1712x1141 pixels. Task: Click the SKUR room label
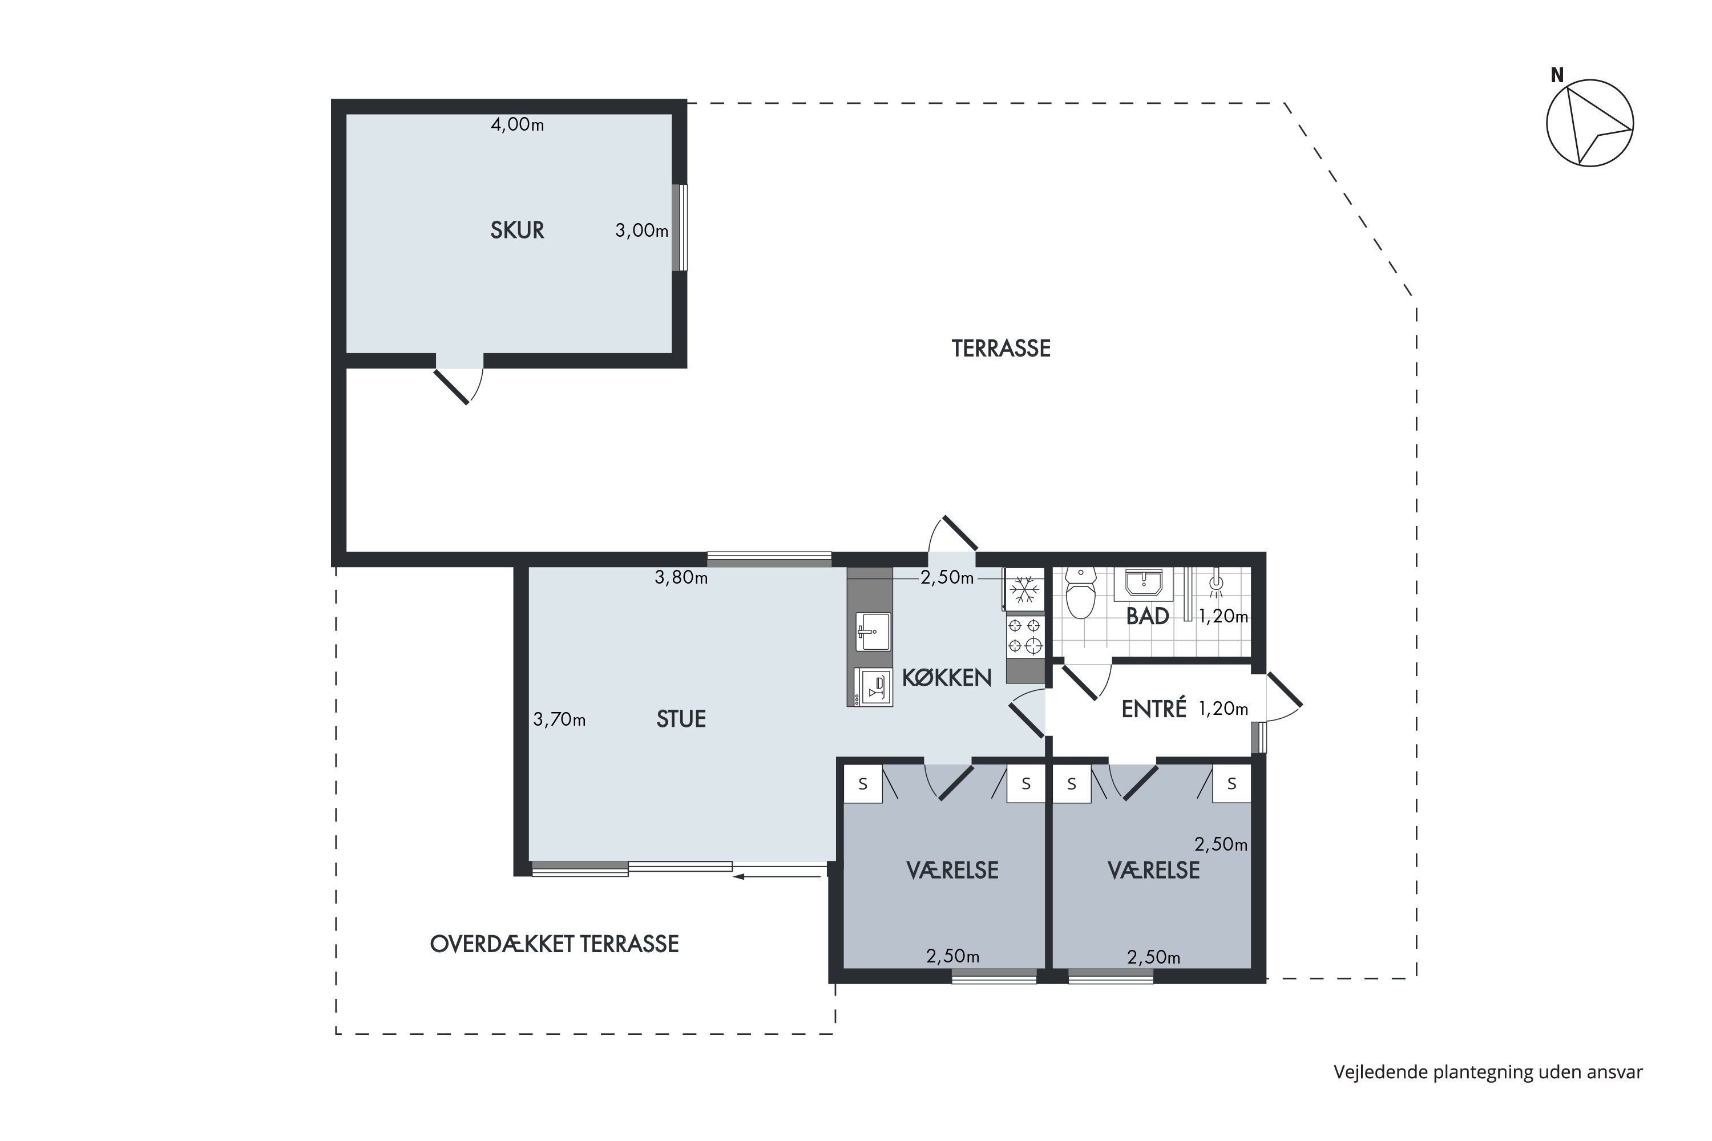517,230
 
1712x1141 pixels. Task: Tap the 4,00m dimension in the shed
517,124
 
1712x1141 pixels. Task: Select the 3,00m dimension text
641,230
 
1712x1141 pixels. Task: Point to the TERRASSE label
1001,349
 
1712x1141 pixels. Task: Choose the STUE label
681,719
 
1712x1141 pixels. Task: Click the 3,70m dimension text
559,719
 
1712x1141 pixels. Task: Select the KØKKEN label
946,678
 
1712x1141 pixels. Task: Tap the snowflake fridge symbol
1025,589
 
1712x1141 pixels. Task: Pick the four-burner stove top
1025,636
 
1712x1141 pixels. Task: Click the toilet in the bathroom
1080,593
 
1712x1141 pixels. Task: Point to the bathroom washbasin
1144,584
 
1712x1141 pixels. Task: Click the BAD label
1147,616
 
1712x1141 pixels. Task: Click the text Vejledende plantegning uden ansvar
1488,1072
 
